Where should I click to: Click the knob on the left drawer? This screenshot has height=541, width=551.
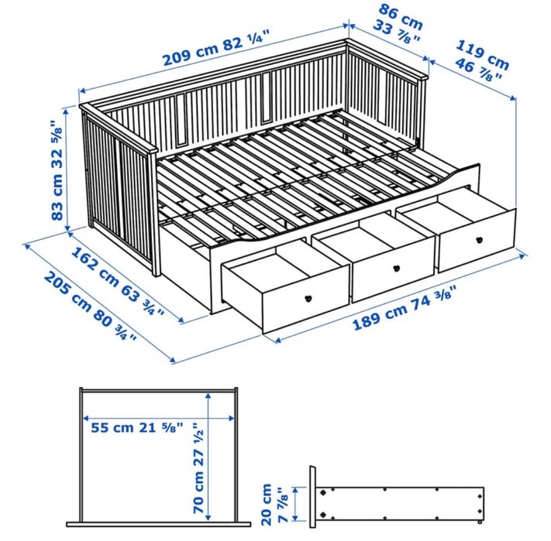click(x=308, y=300)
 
